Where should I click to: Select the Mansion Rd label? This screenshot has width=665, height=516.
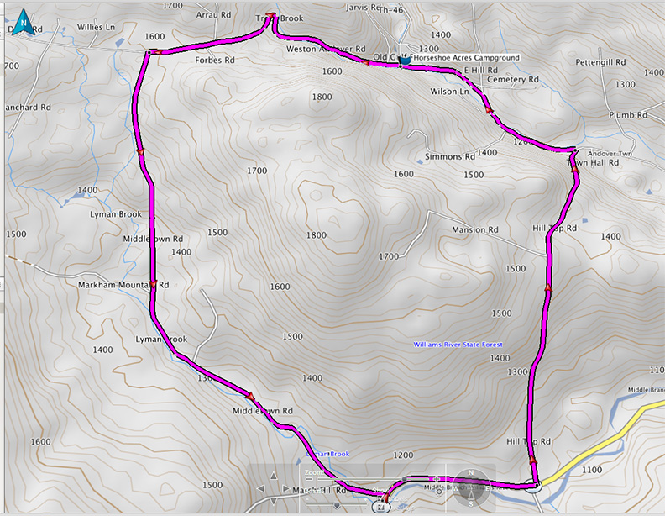pyautogui.click(x=475, y=229)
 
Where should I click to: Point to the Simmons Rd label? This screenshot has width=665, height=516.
pyautogui.click(x=450, y=157)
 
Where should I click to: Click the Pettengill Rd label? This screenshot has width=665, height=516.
pyautogui.click(x=601, y=63)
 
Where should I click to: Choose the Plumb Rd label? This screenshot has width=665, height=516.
pyautogui.click(x=629, y=114)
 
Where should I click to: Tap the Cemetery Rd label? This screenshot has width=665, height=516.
pyautogui.click(x=512, y=80)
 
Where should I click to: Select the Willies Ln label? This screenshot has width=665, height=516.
pyautogui.click(x=96, y=27)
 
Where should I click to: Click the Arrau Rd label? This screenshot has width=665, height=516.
pyautogui.click(x=212, y=15)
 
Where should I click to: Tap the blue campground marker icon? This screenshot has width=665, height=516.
pyautogui.click(x=405, y=60)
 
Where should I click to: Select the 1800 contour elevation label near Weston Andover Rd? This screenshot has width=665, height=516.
pyautogui.click(x=322, y=97)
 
